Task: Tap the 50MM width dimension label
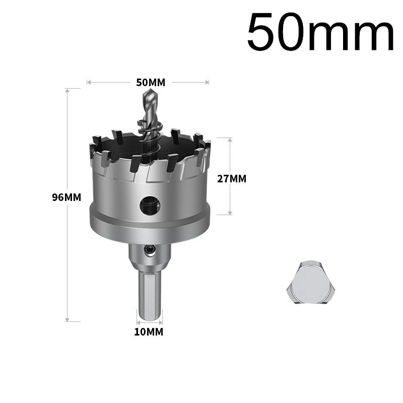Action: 151,83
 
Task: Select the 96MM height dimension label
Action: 66,197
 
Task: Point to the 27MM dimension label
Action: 232,179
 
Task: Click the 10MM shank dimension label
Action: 149,332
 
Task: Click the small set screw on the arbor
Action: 150,249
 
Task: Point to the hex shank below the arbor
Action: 150,295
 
